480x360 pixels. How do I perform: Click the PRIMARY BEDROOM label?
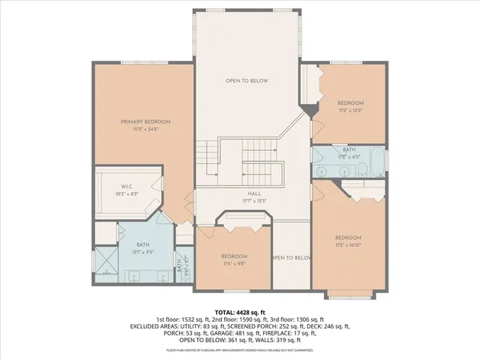pyautogui.click(x=146, y=121)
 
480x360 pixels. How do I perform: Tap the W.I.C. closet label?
pyautogui.click(x=127, y=187)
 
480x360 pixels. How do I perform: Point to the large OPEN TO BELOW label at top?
pyautogui.click(x=247, y=81)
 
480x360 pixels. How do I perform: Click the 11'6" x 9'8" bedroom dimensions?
pyautogui.click(x=234, y=263)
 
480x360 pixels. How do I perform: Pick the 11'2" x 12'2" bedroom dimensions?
pyautogui.click(x=349, y=110)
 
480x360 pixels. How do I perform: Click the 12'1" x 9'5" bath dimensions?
pyautogui.click(x=142, y=252)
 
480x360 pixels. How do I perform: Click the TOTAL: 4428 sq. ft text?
pyautogui.click(x=240, y=311)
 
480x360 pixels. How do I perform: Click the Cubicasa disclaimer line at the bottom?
pyautogui.click(x=240, y=349)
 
